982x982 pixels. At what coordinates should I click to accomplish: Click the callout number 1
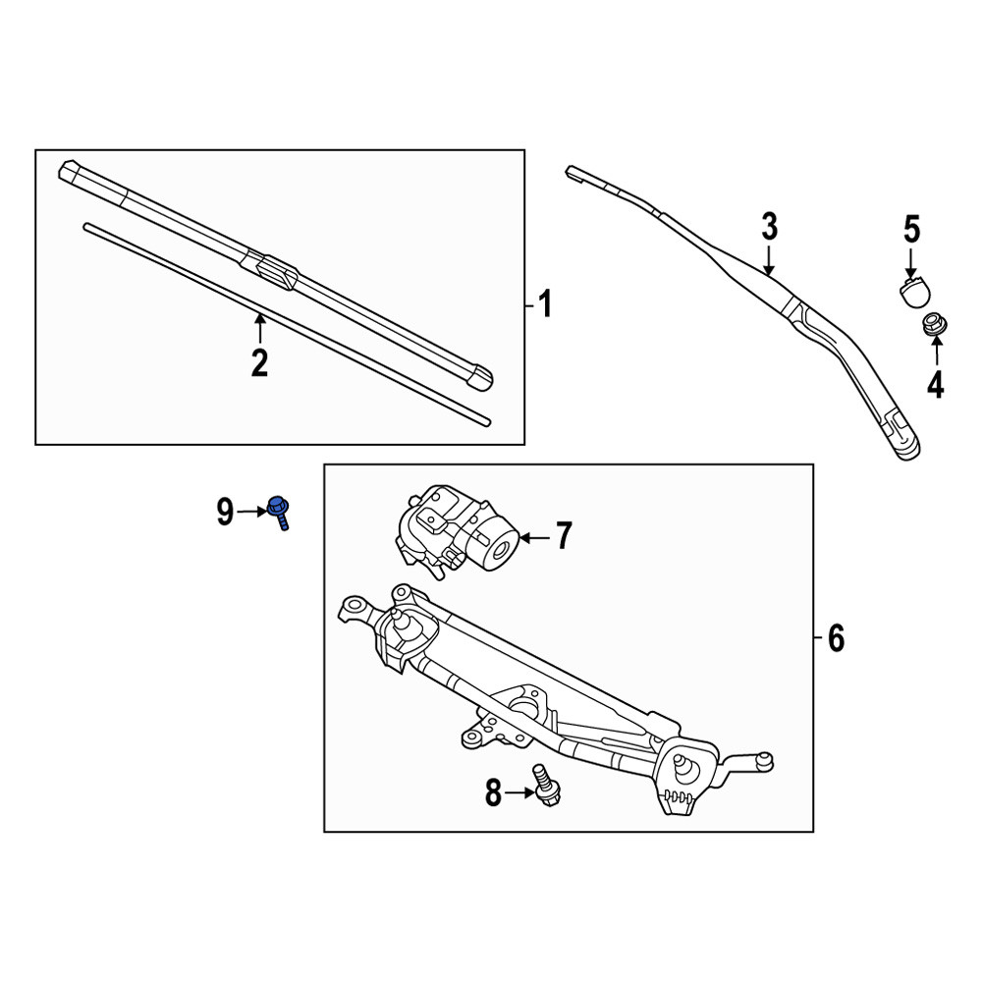coord(545,304)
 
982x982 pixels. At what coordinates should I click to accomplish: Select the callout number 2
coord(260,362)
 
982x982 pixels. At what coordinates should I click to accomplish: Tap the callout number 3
coord(770,227)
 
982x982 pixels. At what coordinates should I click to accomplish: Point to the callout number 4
coord(936,385)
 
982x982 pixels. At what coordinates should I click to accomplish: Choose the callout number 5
coord(912,230)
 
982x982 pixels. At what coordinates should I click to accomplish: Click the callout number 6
coord(836,638)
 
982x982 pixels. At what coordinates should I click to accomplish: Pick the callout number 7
coord(565,537)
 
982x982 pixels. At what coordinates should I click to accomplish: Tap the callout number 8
coord(494,792)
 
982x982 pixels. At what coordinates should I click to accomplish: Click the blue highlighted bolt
coord(279,512)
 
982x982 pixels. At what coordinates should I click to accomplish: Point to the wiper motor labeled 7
coord(457,531)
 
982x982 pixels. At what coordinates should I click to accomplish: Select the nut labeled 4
coord(934,324)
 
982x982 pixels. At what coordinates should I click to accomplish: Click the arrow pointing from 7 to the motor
coord(534,537)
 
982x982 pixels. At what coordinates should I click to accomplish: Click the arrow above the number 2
coord(260,328)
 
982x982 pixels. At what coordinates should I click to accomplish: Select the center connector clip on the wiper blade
coord(277,271)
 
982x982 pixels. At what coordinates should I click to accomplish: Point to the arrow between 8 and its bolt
coord(520,792)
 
